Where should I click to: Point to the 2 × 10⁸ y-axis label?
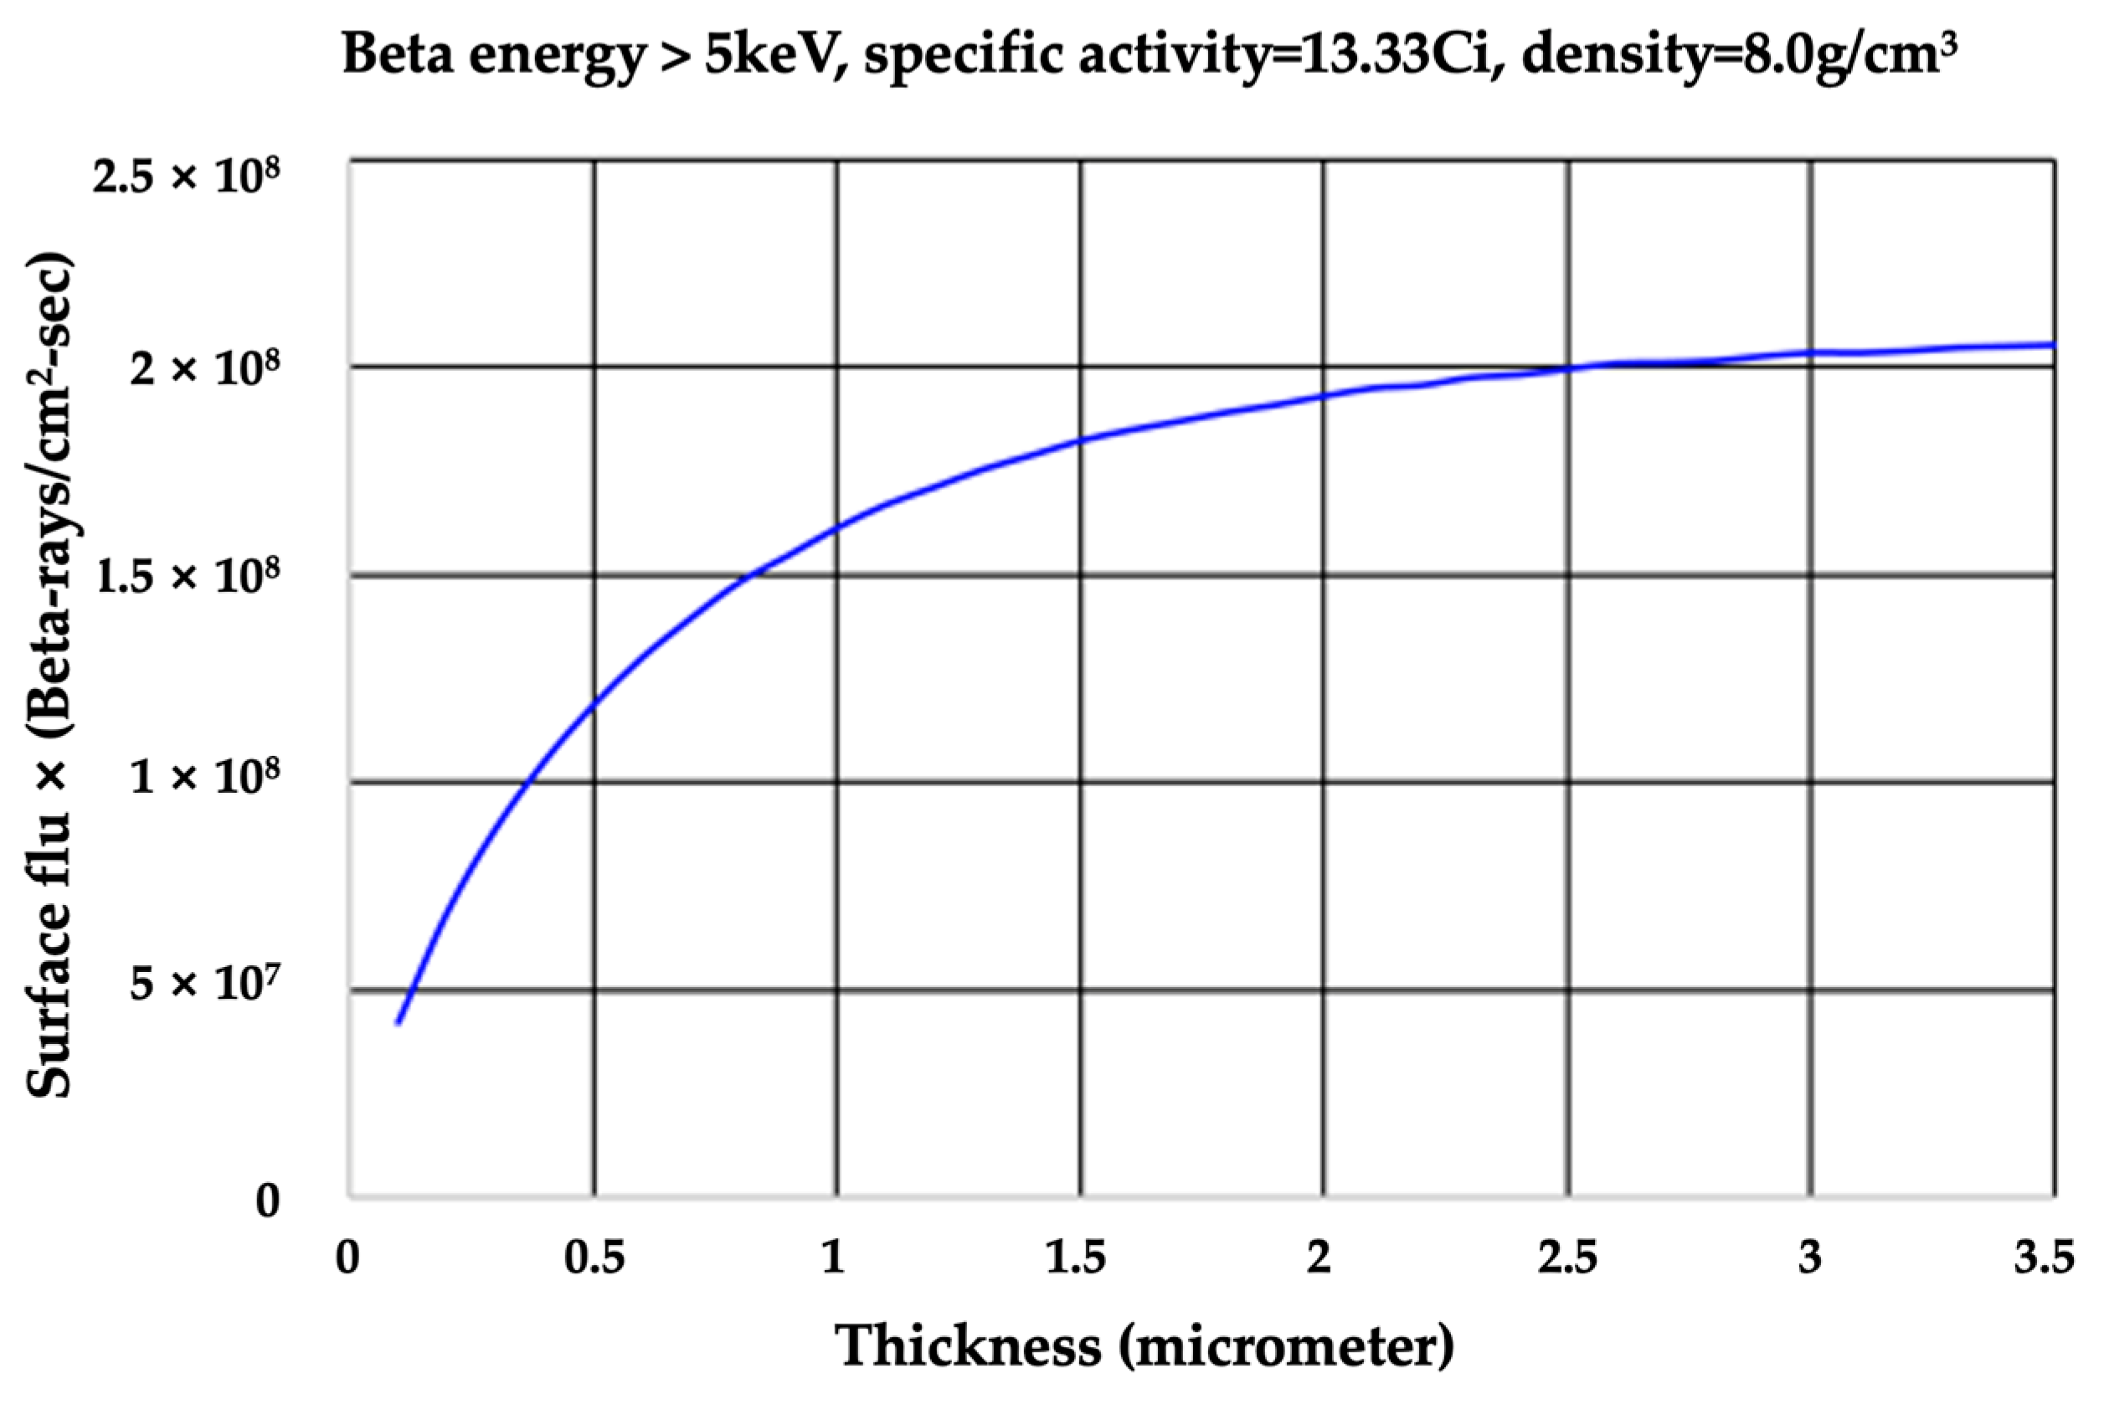205,368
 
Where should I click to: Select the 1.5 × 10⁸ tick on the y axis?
186,576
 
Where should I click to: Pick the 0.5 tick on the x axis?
594,1259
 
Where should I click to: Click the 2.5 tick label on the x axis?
1566,1259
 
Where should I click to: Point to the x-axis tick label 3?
1809,1259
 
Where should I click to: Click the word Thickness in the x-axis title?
969,1345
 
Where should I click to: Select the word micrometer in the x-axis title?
1287,1345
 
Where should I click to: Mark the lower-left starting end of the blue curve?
399,1021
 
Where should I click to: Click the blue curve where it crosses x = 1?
837,528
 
